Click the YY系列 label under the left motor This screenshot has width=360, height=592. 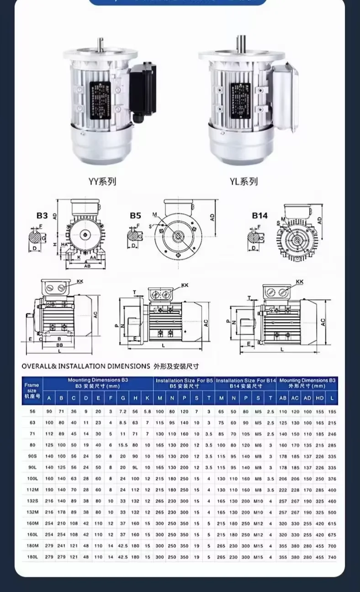(102, 181)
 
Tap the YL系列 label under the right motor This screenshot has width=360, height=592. (244, 181)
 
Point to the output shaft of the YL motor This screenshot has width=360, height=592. (240, 43)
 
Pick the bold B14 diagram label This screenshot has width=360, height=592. (260, 215)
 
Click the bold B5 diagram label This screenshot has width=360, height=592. (135, 215)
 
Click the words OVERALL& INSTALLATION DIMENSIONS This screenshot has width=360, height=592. (86, 366)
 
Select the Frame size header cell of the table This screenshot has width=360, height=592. (32, 391)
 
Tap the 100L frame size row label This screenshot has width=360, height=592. (32, 479)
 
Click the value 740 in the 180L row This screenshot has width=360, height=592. (332, 557)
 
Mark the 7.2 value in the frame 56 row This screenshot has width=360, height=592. (122, 412)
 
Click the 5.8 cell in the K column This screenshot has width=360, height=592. (147, 412)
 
